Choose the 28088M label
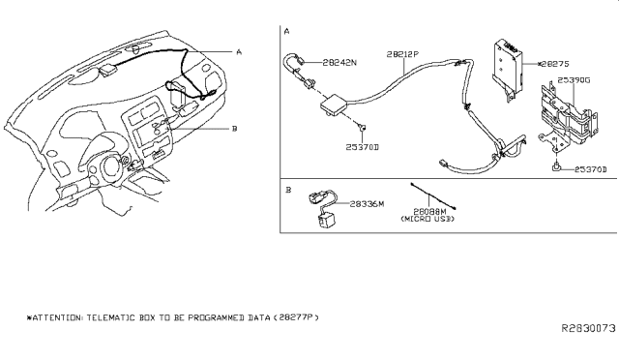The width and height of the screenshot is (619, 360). (430, 211)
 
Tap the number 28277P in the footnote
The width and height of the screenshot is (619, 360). (295, 316)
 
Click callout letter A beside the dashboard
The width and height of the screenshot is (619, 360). (238, 52)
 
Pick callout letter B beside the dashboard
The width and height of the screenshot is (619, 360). (238, 127)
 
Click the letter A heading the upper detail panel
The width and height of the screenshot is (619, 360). (287, 32)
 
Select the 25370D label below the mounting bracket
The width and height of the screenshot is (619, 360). (590, 170)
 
